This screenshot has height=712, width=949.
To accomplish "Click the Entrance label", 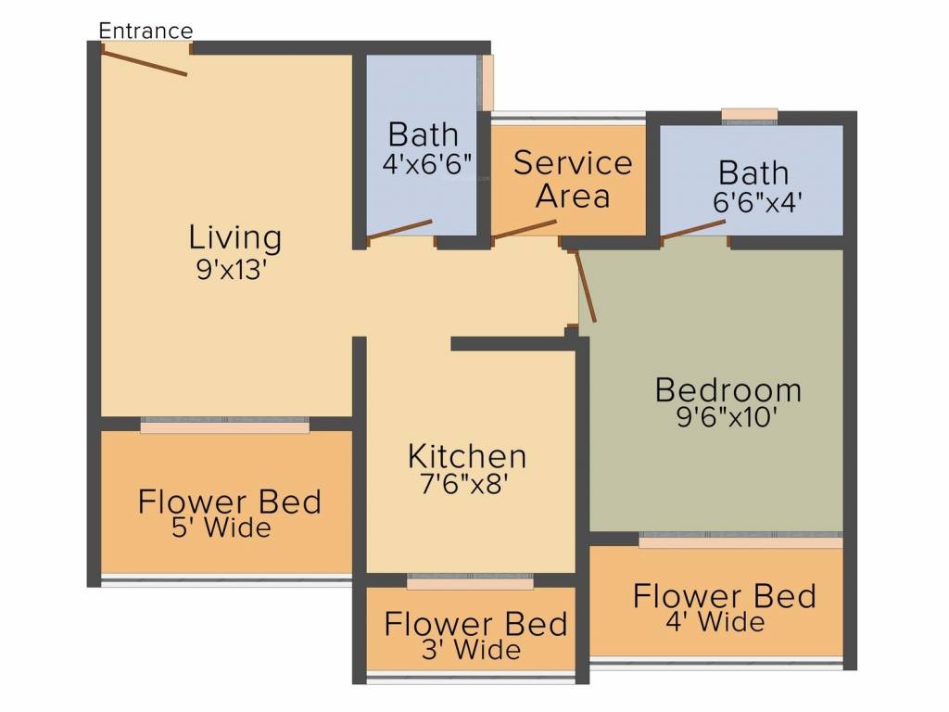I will [146, 30].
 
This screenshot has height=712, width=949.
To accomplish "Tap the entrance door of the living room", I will [145, 62].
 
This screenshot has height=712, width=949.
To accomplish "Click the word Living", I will [234, 237].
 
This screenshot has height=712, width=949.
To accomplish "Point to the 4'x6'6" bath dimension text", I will [427, 165].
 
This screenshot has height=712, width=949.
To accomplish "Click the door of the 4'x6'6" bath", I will [400, 230].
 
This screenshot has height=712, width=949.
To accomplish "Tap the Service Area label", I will [573, 179].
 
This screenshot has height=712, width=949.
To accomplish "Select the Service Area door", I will [524, 229].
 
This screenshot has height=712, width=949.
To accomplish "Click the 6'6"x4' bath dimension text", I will [754, 202].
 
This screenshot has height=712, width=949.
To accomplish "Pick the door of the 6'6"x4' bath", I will [693, 231].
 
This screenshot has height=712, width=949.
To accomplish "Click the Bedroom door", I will [586, 287].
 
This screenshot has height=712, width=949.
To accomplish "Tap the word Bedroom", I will [728, 390].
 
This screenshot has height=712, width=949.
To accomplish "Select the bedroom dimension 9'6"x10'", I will [728, 418].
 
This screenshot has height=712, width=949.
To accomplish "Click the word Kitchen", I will [467, 456].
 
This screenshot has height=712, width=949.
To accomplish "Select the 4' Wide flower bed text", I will [715, 621].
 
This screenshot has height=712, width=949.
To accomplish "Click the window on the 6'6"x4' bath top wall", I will [749, 115].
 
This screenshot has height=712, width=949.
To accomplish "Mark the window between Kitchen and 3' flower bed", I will [470, 583].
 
